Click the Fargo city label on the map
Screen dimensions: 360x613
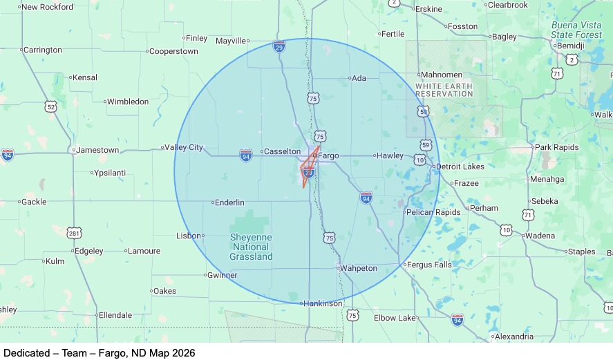pos(329,155)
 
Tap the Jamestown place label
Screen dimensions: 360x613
pos(97,150)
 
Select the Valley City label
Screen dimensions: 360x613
pos(185,147)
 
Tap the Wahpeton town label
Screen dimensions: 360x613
pos(359,268)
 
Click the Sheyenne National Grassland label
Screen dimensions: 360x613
pos(251,247)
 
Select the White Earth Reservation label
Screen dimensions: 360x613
pos(444,90)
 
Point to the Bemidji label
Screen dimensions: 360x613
pos(570,46)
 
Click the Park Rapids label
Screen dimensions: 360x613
pos(556,147)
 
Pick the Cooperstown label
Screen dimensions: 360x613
pos(173,51)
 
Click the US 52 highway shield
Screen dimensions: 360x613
pos(50,106)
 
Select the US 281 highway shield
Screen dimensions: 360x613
pos(75,234)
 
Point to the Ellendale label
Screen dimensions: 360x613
pos(115,315)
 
